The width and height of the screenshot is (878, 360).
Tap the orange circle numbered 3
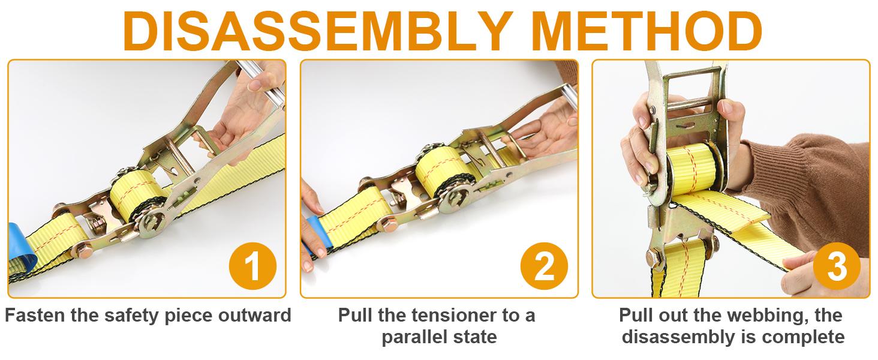click(x=837, y=266)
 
